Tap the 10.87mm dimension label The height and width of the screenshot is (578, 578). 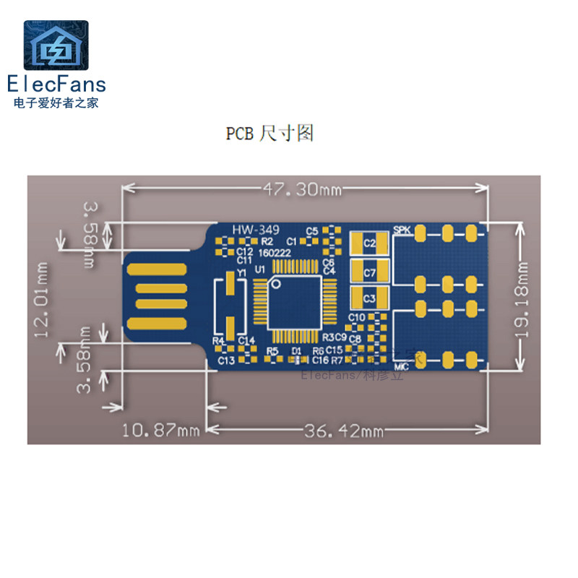pyautogui.click(x=160, y=431)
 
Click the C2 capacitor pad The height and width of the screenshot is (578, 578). pyautogui.click(x=369, y=244)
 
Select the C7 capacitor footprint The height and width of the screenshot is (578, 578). pyautogui.click(x=369, y=272)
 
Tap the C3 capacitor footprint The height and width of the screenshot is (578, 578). pyautogui.click(x=369, y=297)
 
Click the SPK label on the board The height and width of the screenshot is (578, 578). pyautogui.click(x=402, y=230)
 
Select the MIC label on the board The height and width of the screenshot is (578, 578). pyautogui.click(x=402, y=366)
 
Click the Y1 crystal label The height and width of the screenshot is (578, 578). pyautogui.click(x=242, y=272)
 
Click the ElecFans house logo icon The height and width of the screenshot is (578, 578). pyautogui.click(x=56, y=47)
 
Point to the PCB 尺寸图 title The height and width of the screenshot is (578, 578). pyautogui.click(x=269, y=134)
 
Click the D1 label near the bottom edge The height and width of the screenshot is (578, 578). pyautogui.click(x=296, y=350)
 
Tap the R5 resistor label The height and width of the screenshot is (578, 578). pyautogui.click(x=272, y=350)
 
